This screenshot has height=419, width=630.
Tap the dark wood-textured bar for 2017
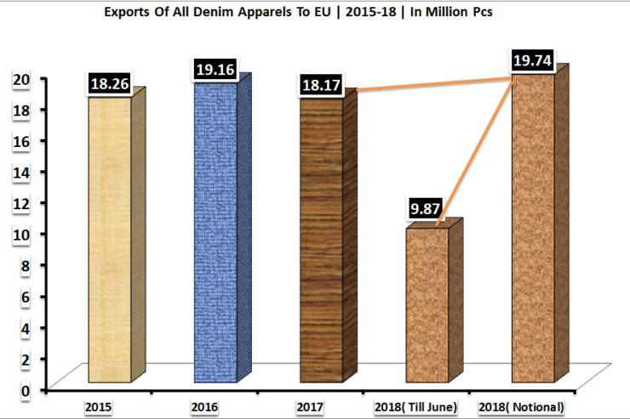click(321, 238)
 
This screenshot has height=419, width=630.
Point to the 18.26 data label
click(110, 85)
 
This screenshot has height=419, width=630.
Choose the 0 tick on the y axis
click(26, 390)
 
